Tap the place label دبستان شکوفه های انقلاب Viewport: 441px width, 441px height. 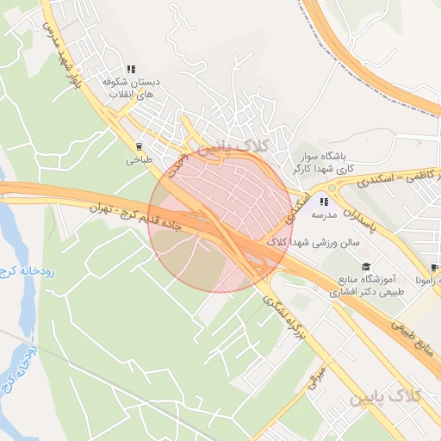131,88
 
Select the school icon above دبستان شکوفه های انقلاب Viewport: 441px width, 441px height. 131,69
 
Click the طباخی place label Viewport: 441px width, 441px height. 139,160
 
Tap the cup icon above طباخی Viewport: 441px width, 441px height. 139,146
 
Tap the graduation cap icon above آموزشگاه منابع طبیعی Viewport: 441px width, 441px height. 365,267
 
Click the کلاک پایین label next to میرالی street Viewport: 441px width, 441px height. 386,397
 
